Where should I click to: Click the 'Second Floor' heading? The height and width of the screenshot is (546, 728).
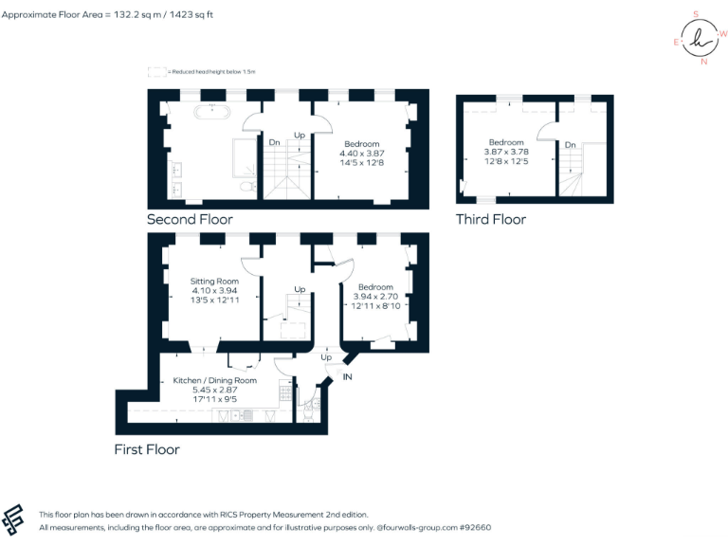[x=190, y=219]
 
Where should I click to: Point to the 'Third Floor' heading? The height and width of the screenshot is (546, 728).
[x=490, y=219]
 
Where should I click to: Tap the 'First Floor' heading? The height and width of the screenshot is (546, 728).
[x=147, y=448]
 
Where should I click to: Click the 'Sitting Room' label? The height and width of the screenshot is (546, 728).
[x=214, y=282]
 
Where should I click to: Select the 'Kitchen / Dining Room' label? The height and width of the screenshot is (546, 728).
[x=214, y=380]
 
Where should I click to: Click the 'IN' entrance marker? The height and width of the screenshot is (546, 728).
[x=347, y=377]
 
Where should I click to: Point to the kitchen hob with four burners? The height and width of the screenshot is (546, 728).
[x=284, y=392]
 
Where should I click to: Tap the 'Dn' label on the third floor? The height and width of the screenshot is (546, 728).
[x=570, y=145]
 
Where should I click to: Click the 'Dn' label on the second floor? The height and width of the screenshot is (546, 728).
[x=274, y=142]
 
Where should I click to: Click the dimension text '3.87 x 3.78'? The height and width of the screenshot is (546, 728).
[x=505, y=152]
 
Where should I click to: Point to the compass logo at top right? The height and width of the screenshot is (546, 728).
[x=700, y=38]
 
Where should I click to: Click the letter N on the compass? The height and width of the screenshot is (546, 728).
[x=702, y=63]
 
